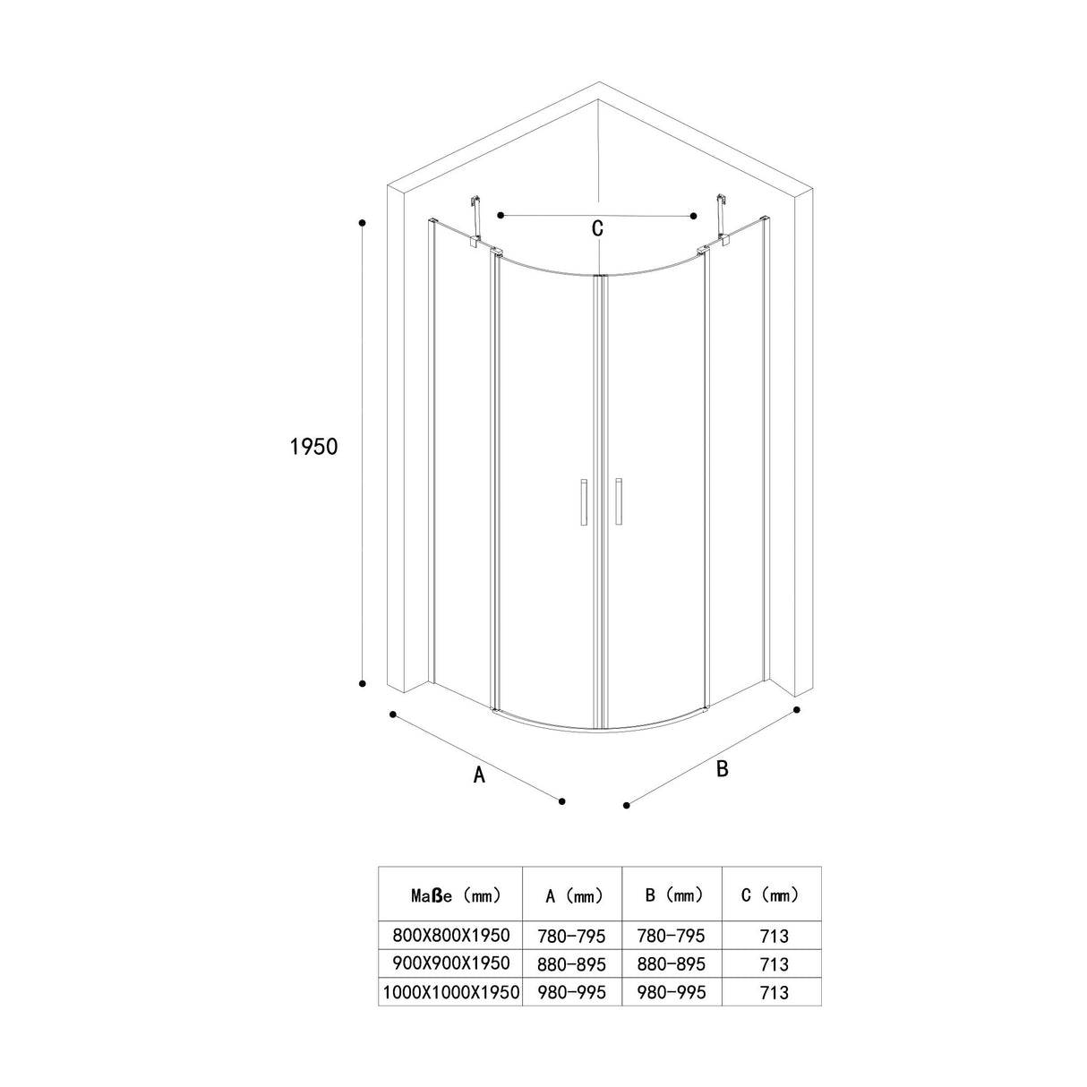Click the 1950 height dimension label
pos(314,446)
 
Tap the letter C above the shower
pos(597,228)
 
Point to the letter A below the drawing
pos(479,775)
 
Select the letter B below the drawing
pos(723,768)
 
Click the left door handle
pos(582,502)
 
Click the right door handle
pos(618,502)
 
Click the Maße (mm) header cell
pos(449,894)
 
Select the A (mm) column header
pos(571,895)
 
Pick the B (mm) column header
pos(672,894)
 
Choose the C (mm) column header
pos(771,894)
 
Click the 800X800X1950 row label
pos(451,936)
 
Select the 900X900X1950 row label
pos(451,963)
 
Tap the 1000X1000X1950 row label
pos(450,992)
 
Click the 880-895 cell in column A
pos(571,964)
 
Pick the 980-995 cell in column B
pos(672,992)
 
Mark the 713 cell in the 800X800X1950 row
pos(772,937)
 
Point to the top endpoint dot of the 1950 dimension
pos(362,221)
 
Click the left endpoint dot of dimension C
pos(501,215)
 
